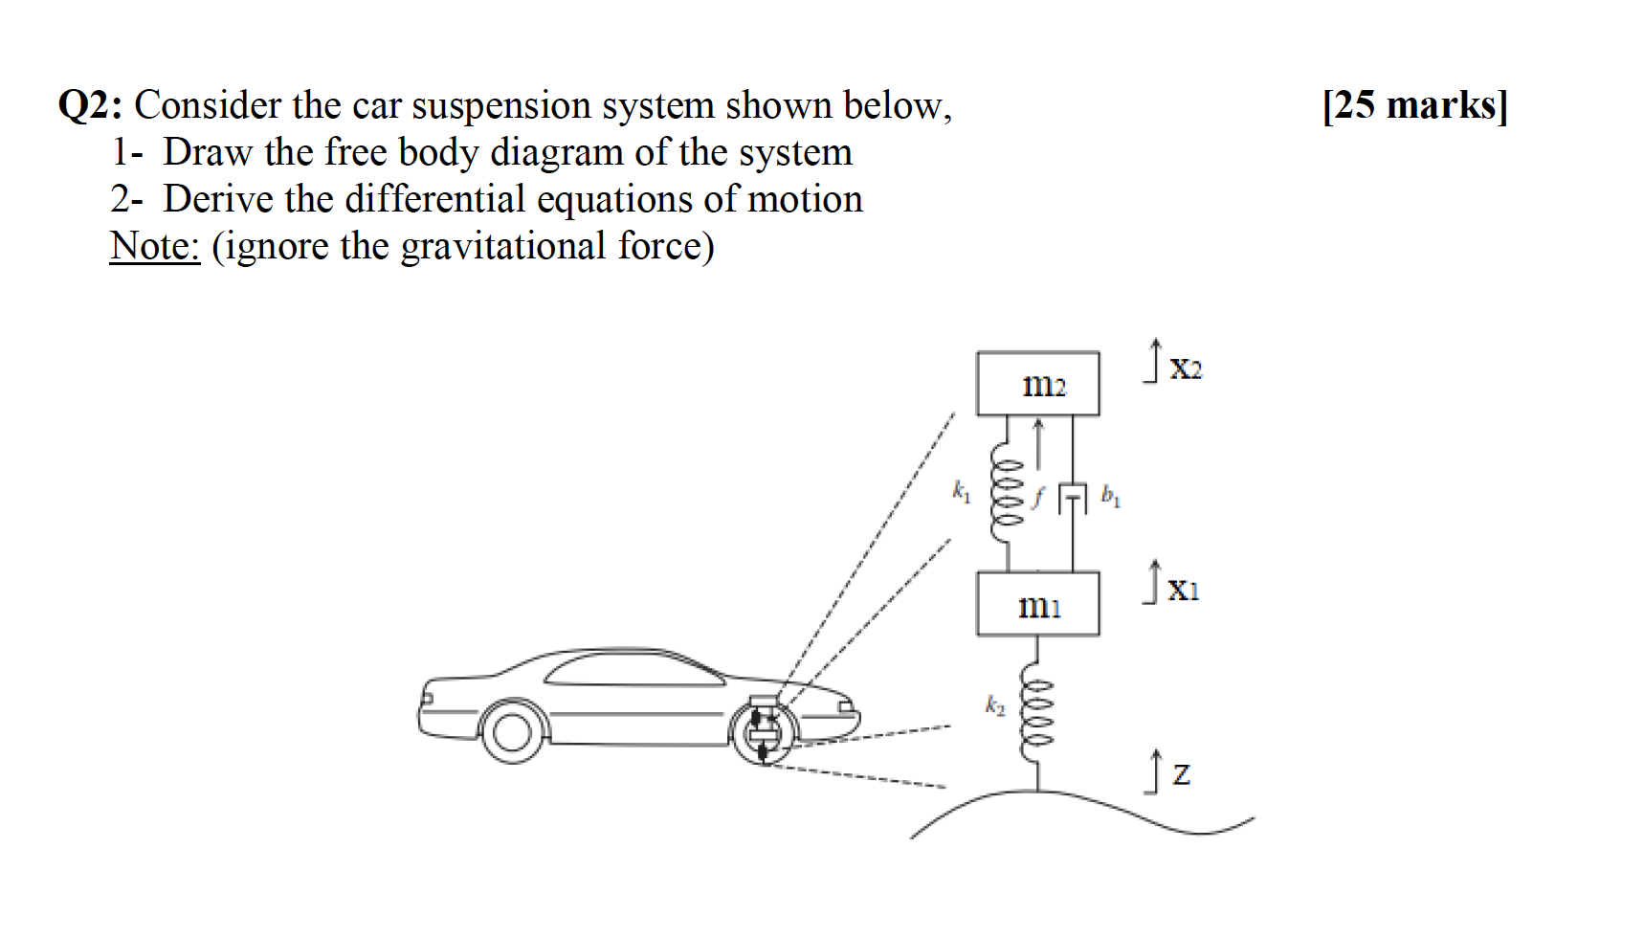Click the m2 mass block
tap(1037, 384)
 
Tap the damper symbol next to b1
tap(1073, 498)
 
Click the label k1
tap(961, 492)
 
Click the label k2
tap(995, 706)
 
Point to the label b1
tap(1110, 495)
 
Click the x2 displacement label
tap(1185, 368)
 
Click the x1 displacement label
tap(1183, 590)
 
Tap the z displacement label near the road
tap(1181, 773)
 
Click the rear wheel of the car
tap(511, 732)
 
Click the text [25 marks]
tap(1414, 104)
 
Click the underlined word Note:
tap(155, 246)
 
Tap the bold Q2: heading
tap(90, 105)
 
